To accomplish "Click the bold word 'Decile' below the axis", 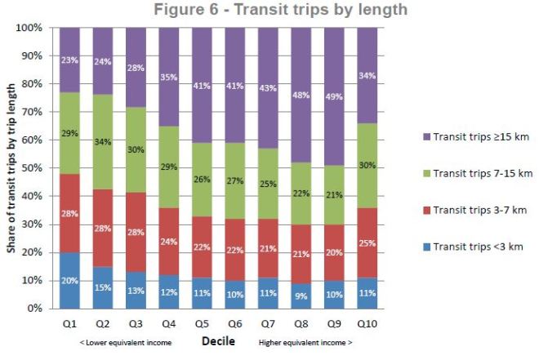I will (219, 340).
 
